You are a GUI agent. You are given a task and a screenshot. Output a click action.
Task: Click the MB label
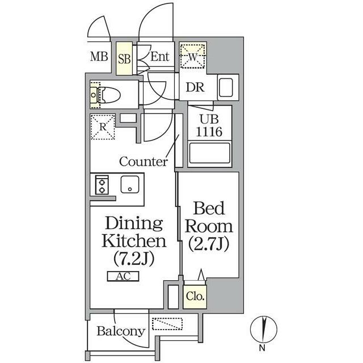[x=99, y=57]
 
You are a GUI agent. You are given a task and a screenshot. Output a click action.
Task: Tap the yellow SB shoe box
[x=124, y=58]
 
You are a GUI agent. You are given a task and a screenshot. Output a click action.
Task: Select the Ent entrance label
[x=160, y=57]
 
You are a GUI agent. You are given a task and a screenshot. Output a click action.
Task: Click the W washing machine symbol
[x=193, y=56]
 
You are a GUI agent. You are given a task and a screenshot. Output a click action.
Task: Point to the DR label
[x=195, y=87]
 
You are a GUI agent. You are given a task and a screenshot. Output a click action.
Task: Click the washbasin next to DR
[x=226, y=88]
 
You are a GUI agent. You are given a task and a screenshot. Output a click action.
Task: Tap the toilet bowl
[x=109, y=95]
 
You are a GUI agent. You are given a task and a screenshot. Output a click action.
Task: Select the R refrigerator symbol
[x=103, y=127]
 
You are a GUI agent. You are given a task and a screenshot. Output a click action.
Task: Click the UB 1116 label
[x=209, y=126]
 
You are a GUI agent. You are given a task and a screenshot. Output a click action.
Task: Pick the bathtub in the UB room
[x=210, y=153]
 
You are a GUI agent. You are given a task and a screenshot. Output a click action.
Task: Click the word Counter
[x=143, y=161]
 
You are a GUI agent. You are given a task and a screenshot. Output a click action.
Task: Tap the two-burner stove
[x=102, y=185]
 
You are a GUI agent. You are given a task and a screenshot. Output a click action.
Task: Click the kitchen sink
[x=130, y=184]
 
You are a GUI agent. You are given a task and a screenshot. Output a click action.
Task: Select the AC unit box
[x=123, y=276]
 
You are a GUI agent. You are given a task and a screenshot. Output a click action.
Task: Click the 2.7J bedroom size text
[x=209, y=243]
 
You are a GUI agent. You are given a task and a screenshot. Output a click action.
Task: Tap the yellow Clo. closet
[x=195, y=297]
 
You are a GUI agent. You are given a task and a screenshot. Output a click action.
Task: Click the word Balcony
[x=121, y=331]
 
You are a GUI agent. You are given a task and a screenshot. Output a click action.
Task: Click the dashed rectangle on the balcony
[x=167, y=324]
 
